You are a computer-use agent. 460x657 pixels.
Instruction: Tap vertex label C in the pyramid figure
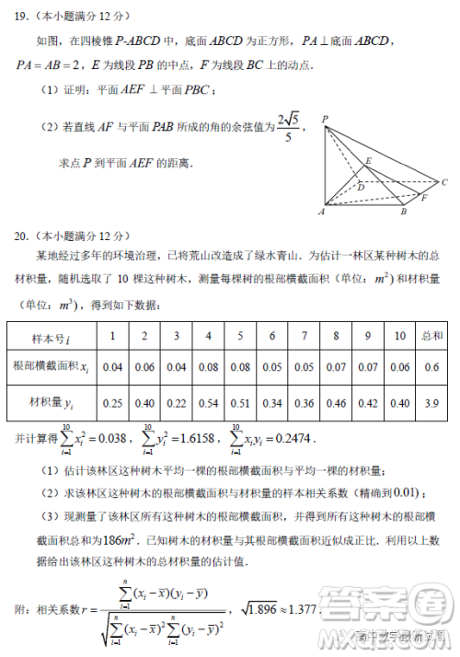click(444, 182)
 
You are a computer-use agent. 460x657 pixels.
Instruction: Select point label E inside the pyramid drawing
click(369, 161)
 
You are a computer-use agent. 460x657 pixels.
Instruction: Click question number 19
click(20, 16)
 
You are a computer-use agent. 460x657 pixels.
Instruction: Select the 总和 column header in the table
click(431, 336)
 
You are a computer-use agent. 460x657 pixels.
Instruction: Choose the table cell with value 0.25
click(113, 402)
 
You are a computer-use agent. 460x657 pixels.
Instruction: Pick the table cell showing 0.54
click(208, 402)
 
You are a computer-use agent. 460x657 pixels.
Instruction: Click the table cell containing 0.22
click(177, 402)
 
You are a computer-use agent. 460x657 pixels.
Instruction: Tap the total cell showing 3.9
click(431, 402)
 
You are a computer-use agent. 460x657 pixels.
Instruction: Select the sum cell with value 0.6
click(431, 368)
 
